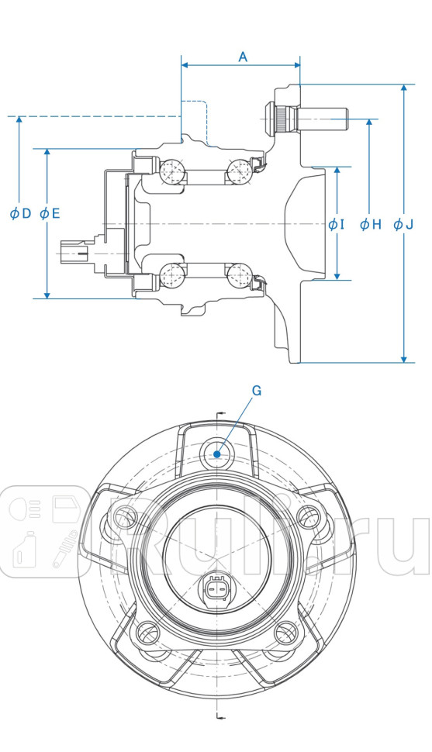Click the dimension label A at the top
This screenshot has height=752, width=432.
click(x=243, y=57)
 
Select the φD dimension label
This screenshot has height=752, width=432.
click(x=20, y=213)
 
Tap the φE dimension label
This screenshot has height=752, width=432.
click(x=49, y=213)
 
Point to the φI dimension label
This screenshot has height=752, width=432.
click(x=335, y=225)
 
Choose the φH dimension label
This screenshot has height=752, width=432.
click(x=371, y=225)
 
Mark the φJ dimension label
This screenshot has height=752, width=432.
click(x=403, y=225)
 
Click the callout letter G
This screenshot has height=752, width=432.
click(x=257, y=391)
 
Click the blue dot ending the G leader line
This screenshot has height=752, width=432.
click(x=217, y=454)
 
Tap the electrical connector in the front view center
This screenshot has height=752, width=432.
click(x=216, y=589)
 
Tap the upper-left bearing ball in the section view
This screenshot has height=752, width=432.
click(x=172, y=171)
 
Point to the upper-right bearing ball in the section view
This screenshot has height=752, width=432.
click(x=237, y=171)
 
